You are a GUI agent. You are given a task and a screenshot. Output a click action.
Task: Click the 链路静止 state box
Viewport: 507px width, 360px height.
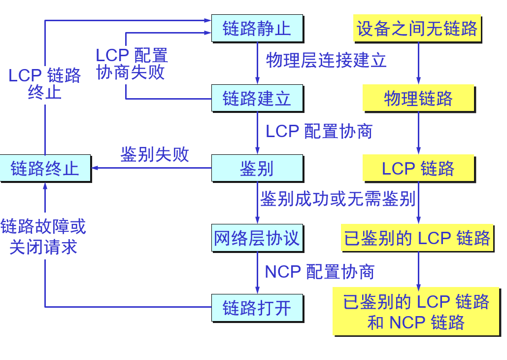(x=256, y=28)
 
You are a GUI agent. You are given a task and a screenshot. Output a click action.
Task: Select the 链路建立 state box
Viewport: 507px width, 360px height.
(x=256, y=98)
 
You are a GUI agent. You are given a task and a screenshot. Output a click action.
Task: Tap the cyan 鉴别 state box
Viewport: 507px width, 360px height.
(x=256, y=168)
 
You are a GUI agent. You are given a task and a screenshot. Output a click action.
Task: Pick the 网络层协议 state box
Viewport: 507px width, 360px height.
(x=256, y=238)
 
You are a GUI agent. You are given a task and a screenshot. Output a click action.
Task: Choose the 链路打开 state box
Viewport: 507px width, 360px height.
(x=256, y=308)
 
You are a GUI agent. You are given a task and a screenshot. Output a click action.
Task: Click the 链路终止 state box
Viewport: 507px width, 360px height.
(x=45, y=168)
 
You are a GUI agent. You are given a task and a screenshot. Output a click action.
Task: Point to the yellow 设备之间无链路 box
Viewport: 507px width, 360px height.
(x=417, y=28)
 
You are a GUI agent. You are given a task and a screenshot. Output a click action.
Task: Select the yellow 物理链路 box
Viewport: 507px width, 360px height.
(x=418, y=98)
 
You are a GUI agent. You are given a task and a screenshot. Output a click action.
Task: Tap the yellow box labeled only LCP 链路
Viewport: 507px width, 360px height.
(x=418, y=168)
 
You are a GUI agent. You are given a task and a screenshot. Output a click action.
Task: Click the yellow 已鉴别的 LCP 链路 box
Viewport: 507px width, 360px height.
(x=417, y=238)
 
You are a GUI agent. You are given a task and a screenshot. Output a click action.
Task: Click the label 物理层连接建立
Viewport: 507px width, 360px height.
(x=326, y=60)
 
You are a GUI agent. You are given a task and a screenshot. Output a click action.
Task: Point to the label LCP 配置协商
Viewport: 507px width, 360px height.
(x=319, y=131)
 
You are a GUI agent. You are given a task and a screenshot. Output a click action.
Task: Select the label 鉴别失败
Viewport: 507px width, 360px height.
(x=155, y=154)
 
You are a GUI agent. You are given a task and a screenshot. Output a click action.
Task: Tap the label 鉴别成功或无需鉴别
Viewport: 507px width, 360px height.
(x=338, y=199)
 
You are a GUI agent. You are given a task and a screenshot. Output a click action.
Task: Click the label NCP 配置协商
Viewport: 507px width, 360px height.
(x=320, y=272)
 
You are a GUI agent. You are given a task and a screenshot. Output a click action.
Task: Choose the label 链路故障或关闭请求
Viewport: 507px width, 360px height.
(x=43, y=236)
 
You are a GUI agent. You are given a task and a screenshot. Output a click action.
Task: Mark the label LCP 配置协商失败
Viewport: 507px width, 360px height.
(x=131, y=64)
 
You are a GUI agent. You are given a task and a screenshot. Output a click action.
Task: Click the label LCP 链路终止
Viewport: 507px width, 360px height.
(x=45, y=84)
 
